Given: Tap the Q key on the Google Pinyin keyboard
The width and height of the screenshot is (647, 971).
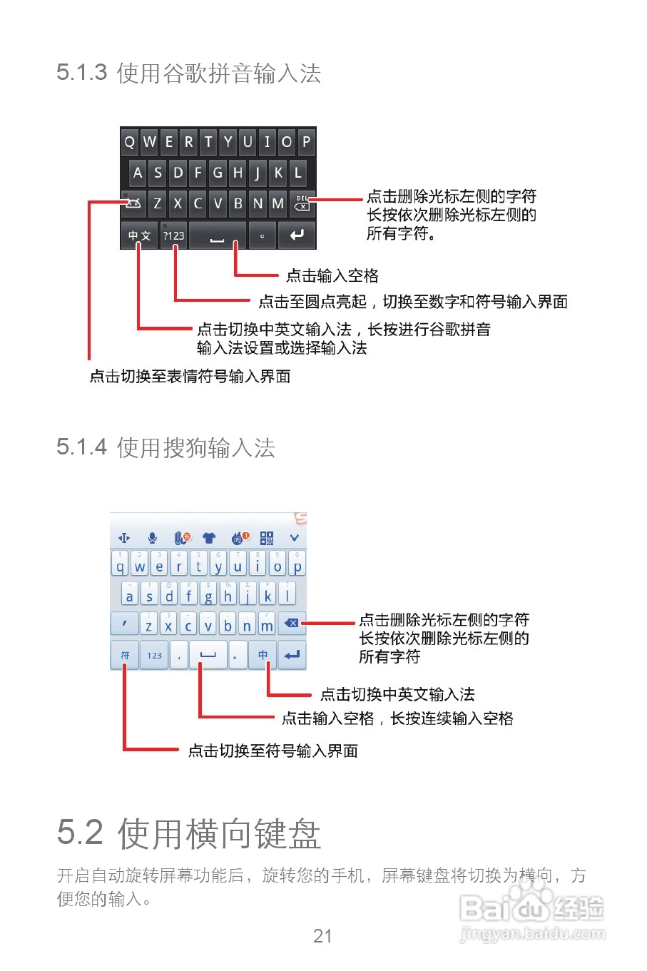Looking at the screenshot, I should [x=130, y=142].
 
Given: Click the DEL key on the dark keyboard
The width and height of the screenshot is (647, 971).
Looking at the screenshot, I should [x=302, y=204].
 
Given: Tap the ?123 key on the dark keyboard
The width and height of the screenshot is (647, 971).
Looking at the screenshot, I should [x=173, y=235].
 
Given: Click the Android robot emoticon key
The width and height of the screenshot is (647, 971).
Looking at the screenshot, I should [x=133, y=204].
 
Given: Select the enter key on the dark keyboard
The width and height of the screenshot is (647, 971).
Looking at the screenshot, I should [x=297, y=235].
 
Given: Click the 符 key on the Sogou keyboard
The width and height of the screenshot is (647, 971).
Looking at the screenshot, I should [x=125, y=655].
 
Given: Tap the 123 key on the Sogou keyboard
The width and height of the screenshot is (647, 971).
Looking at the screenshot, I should [x=155, y=655].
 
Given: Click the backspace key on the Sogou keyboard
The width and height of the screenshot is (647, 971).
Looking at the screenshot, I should [x=292, y=624].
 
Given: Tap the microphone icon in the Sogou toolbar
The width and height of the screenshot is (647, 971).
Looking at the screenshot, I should [x=152, y=538].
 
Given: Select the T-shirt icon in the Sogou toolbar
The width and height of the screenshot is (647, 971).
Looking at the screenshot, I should [x=209, y=538].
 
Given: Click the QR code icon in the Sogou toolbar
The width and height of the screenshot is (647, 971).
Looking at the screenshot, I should [x=267, y=538].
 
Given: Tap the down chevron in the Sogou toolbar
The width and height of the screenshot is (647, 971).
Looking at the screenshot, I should [x=294, y=538].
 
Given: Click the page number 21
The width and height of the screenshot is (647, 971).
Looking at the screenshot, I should [x=322, y=936].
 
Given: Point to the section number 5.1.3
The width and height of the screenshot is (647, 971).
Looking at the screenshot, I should [x=81, y=73].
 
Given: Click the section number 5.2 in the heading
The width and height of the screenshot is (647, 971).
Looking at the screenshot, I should [x=80, y=833].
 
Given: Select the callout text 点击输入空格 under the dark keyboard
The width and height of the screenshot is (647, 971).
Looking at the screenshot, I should [x=332, y=275].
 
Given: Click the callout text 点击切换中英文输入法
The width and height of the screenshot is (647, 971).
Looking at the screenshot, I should [x=397, y=694].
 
